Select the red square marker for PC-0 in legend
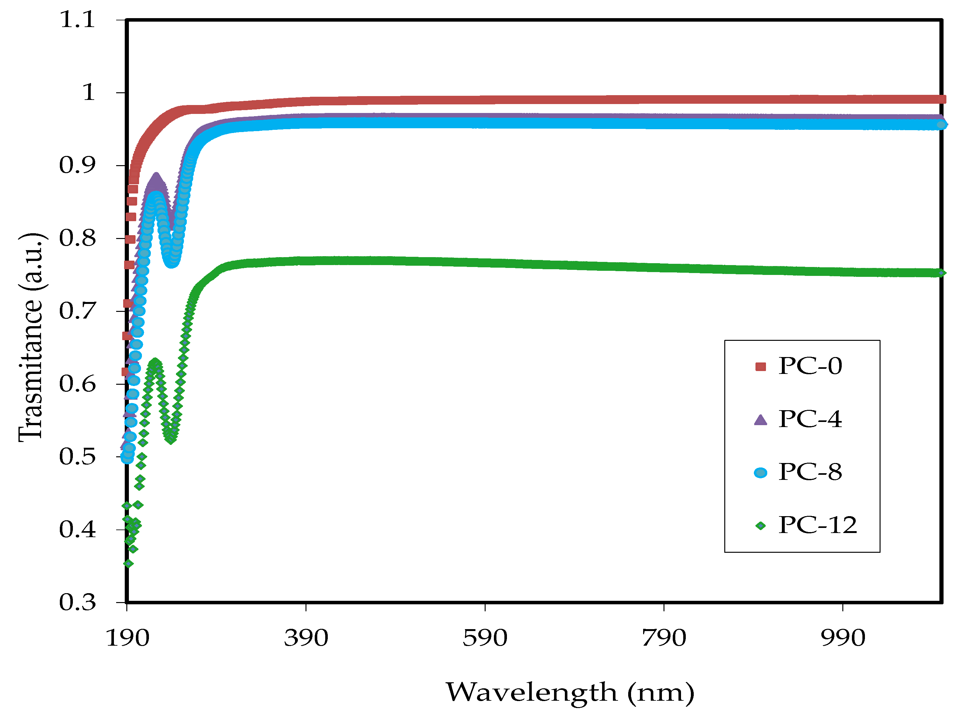tap(760, 367)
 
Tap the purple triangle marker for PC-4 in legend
tap(760, 420)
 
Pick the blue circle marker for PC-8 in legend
tap(760, 473)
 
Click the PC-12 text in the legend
tap(817, 526)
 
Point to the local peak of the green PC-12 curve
tap(155, 361)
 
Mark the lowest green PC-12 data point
tap(128, 564)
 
